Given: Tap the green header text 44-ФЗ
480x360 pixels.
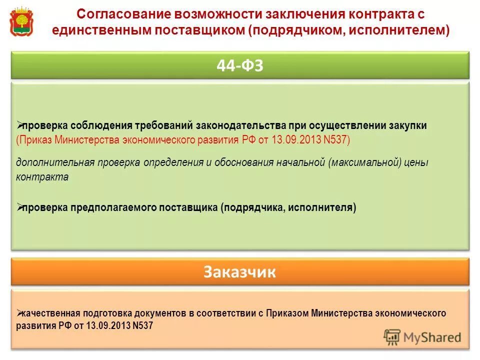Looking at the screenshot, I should click(x=240, y=65).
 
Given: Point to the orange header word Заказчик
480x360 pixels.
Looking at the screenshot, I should click(x=240, y=272).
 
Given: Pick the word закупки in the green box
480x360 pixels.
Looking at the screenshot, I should click(x=409, y=125).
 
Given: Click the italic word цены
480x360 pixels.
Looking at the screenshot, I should click(x=418, y=162).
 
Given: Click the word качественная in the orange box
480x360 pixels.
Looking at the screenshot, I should click(x=50, y=313).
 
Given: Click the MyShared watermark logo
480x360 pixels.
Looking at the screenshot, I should click(x=422, y=337).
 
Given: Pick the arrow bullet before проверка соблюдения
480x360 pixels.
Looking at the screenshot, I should click(x=19, y=125).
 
